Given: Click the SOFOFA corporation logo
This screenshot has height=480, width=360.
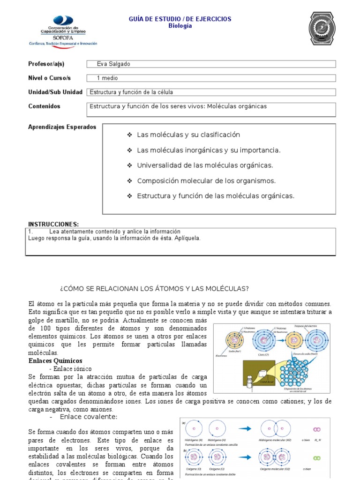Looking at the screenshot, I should click(x=63, y=30).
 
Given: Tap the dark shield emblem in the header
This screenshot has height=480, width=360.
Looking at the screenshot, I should click(x=322, y=29).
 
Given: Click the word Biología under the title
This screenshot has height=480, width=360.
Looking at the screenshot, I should click(x=180, y=26).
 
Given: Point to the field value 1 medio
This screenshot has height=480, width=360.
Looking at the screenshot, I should click(x=107, y=78).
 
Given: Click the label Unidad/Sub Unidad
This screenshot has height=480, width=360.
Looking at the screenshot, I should click(x=55, y=92).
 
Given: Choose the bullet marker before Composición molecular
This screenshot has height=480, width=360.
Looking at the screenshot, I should click(x=129, y=181).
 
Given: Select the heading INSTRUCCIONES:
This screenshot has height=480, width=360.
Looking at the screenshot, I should click(x=53, y=225).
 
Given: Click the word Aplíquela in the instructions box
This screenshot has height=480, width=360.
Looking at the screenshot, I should click(x=174, y=238).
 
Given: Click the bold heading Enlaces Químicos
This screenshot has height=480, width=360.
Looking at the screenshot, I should click(x=55, y=360).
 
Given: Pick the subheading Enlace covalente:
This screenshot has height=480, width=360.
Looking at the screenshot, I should click(x=89, y=417).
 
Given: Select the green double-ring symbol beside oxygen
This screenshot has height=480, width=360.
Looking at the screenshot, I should click(x=317, y=457).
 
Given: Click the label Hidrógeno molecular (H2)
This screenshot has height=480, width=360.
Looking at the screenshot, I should click(x=275, y=440).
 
